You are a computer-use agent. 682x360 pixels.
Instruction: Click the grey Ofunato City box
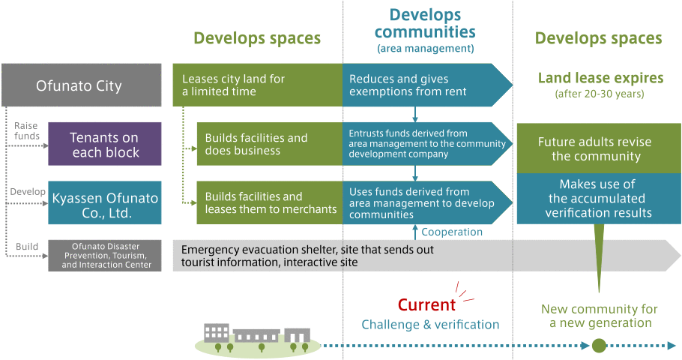pyautogui.click(x=82, y=85)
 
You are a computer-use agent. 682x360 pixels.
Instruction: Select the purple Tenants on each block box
pyautogui.click(x=105, y=144)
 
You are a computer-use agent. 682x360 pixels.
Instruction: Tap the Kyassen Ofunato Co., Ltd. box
pyautogui.click(x=105, y=202)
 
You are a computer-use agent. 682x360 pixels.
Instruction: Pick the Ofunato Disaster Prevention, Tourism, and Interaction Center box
pyautogui.click(x=105, y=256)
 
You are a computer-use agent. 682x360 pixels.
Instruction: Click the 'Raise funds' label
pyautogui.click(x=26, y=131)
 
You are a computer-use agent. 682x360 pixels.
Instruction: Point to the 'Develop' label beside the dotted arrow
pyautogui.click(x=28, y=191)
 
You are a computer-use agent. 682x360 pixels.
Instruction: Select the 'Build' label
pyautogui.click(x=27, y=247)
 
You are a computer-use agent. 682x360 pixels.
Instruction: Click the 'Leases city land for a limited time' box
pyautogui.click(x=258, y=85)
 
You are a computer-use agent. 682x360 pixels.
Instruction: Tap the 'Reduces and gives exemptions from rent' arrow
pyautogui.click(x=427, y=85)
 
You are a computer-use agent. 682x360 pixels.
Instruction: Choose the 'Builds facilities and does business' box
pyautogui.click(x=270, y=144)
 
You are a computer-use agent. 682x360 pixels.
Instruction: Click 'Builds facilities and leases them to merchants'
pyautogui.click(x=270, y=202)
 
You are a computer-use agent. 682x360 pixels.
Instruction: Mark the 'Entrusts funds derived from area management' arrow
pyautogui.click(x=427, y=144)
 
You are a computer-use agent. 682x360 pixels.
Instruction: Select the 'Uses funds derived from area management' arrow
pyautogui.click(x=427, y=202)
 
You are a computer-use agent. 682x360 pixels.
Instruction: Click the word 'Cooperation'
pyautogui.click(x=452, y=232)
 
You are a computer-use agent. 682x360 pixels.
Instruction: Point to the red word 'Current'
pyautogui.click(x=426, y=304)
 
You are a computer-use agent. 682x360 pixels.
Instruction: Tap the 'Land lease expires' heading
pyautogui.click(x=600, y=78)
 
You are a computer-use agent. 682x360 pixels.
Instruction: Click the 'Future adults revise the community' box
pyautogui.click(x=599, y=148)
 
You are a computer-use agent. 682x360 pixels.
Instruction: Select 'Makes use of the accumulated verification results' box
pyautogui.click(x=599, y=199)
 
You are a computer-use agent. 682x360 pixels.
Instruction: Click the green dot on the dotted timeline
pyautogui.click(x=599, y=346)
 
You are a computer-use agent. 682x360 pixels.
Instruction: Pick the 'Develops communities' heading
pyautogui.click(x=425, y=23)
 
